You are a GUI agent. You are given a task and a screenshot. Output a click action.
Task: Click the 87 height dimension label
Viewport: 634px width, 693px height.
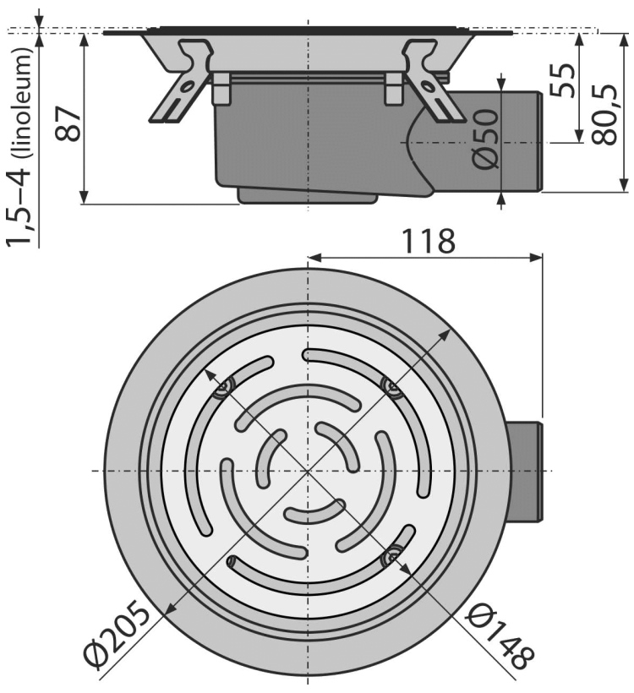click(69, 123)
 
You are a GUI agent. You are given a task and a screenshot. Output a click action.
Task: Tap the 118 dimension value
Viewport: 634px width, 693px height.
click(427, 241)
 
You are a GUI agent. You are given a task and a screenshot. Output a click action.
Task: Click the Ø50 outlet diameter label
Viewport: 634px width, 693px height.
click(485, 139)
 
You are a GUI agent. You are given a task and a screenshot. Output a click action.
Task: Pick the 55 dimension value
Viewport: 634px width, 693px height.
click(563, 80)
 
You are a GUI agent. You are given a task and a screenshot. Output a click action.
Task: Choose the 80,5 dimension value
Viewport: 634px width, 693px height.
click(604, 114)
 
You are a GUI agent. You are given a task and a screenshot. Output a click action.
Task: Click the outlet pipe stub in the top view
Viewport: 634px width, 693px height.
click(524, 472)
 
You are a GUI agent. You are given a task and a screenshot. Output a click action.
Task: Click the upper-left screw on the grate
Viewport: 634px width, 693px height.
click(222, 389)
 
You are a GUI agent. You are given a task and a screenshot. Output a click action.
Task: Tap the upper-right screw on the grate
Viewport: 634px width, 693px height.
click(391, 387)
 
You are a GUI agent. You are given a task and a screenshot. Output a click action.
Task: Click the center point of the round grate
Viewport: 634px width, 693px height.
click(307, 472)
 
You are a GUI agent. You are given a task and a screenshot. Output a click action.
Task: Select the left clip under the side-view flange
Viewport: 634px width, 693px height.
click(221, 89)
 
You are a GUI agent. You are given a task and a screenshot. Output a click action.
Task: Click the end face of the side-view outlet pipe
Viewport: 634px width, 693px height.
click(539, 142)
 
